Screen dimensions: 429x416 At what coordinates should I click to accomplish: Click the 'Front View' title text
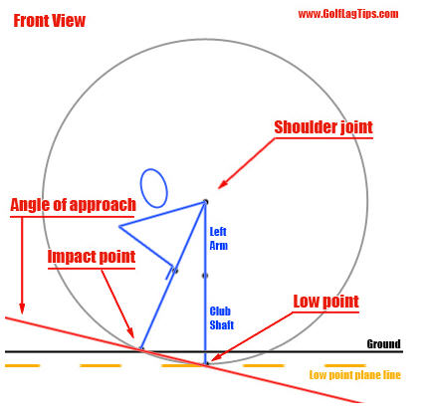tap(50, 21)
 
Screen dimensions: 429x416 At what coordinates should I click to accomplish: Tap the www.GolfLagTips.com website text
tap(348, 14)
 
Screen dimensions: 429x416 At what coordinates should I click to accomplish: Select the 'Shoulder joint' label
tap(323, 127)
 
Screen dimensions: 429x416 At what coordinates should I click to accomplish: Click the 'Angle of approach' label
tap(73, 205)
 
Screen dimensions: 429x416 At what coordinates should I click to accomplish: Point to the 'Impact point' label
tap(92, 257)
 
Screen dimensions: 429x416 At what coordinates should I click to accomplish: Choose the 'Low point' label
tap(326, 302)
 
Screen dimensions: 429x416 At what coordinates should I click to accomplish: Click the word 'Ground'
tap(383, 343)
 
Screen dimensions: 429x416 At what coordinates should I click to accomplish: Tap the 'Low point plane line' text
tap(355, 375)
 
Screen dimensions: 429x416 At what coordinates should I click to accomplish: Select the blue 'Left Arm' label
tap(218, 239)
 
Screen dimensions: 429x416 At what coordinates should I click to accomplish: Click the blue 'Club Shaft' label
tap(222, 317)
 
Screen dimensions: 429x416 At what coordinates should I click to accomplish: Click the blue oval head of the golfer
tap(153, 188)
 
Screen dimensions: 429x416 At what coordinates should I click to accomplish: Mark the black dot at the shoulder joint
tap(205, 201)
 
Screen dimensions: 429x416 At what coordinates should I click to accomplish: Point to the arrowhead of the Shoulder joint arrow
tap(221, 186)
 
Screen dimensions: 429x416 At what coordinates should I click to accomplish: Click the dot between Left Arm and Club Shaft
tap(205, 276)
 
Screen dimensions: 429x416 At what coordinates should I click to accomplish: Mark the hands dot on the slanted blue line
tap(175, 271)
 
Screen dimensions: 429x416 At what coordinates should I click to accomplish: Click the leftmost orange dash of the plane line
tap(23, 365)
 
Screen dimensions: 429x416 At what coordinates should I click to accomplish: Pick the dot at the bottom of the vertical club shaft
tap(206, 364)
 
